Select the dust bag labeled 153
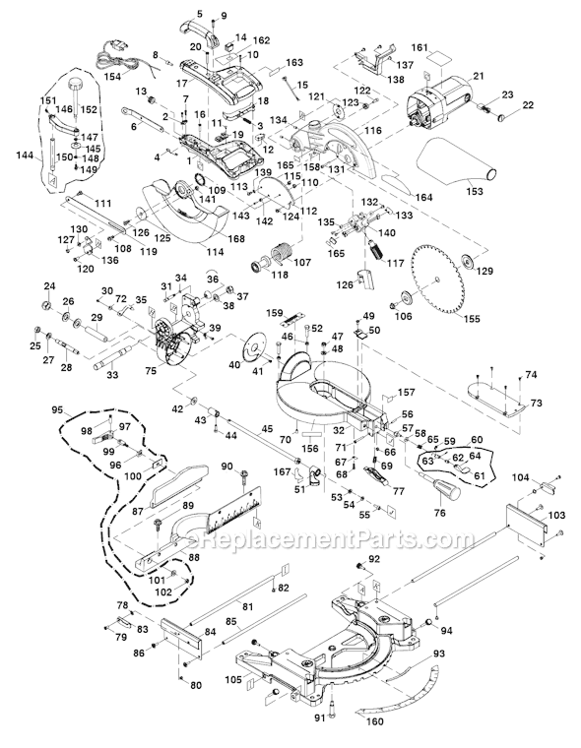click(462, 158)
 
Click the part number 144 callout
click(24, 156)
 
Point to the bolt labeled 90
click(240, 476)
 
